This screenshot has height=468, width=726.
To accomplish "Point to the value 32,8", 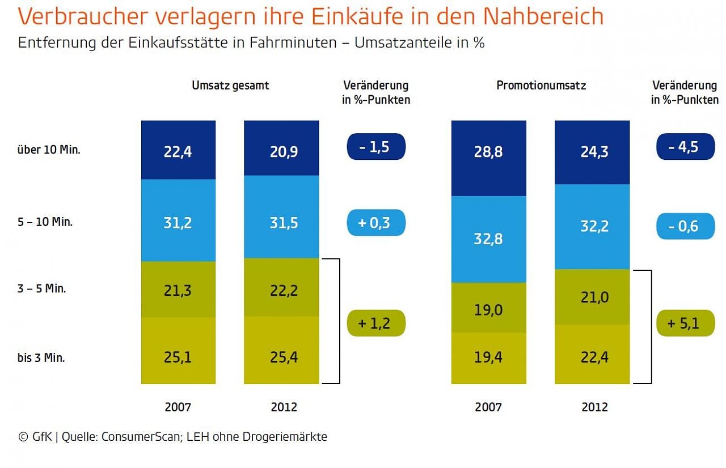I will (x=488, y=239).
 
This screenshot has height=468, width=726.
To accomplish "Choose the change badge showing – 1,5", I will (x=376, y=147).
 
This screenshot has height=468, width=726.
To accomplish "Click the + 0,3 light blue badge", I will (x=376, y=222).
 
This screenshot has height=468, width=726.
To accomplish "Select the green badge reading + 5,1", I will (x=685, y=324).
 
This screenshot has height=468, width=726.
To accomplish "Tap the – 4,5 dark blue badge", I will (x=685, y=147).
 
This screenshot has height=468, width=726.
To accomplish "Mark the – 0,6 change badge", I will (x=685, y=226).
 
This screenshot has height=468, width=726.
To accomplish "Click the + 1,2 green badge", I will (x=376, y=324).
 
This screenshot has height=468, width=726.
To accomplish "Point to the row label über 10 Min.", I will (x=49, y=151).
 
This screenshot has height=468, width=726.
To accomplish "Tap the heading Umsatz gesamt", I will (x=230, y=86).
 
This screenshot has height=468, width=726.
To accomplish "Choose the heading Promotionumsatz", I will (x=541, y=86).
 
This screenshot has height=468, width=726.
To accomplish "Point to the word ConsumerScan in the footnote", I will (x=135, y=437).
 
